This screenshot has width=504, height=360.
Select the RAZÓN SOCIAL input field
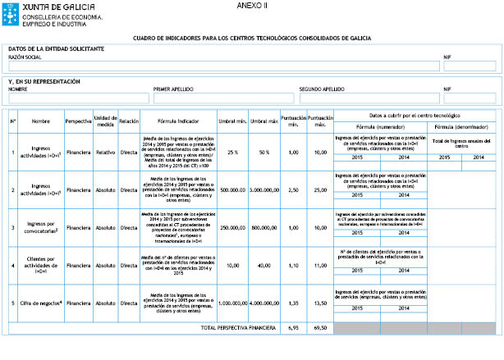(222, 66)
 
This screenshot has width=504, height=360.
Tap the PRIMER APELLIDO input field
(222, 98)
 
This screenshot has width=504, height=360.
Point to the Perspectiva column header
(78, 121)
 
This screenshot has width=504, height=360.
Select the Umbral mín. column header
(233, 121)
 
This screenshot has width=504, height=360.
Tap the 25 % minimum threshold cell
(233, 153)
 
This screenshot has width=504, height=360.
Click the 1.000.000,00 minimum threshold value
(233, 303)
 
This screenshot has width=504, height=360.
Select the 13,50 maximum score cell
(320, 303)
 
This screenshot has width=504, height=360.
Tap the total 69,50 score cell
(320, 327)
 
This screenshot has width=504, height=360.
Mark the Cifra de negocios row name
(41, 303)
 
